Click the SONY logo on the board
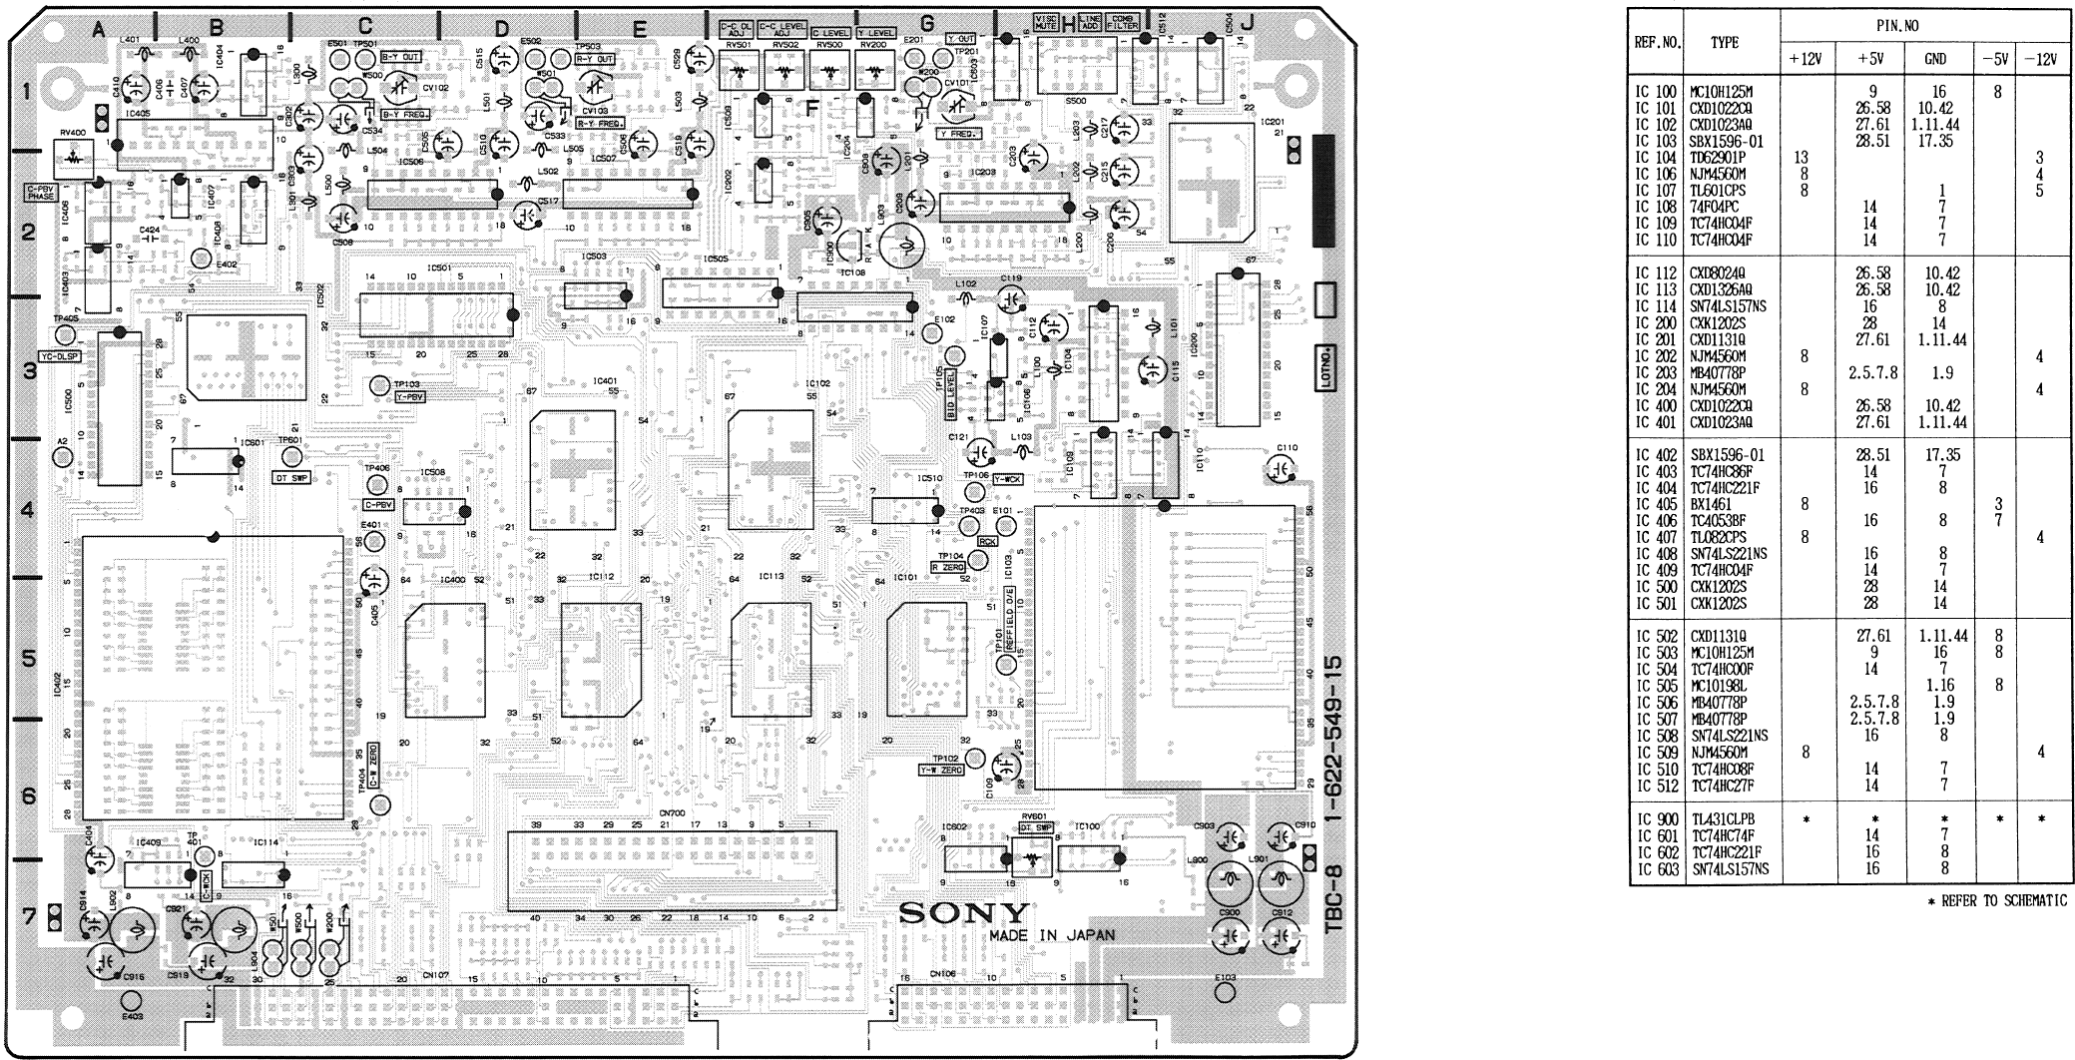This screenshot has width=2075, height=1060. pyautogui.click(x=963, y=912)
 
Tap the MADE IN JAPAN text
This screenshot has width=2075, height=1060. pyautogui.click(x=1051, y=935)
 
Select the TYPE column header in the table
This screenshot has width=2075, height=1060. pyautogui.click(x=1724, y=42)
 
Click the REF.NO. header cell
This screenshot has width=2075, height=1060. pyautogui.click(x=1657, y=43)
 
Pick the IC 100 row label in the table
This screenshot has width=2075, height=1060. pyautogui.click(x=1656, y=92)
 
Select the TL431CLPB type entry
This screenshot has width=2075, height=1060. pyautogui.click(x=1722, y=819)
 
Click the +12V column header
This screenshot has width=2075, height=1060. pyautogui.click(x=1804, y=59)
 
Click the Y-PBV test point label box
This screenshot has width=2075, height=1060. pyautogui.click(x=410, y=397)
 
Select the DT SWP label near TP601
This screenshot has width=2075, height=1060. pyautogui.click(x=291, y=478)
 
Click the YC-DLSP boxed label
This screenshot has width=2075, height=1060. pyautogui.click(x=60, y=355)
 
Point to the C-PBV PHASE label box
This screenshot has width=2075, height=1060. pyautogui.click(x=41, y=192)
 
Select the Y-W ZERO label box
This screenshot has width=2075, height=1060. pyautogui.click(x=940, y=771)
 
